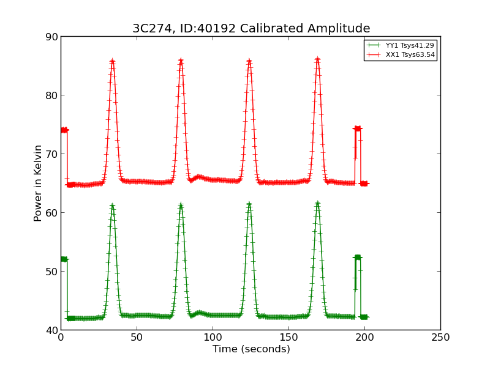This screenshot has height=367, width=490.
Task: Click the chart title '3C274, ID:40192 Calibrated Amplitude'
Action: [251, 29]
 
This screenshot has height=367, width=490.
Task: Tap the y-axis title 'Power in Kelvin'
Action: [38, 183]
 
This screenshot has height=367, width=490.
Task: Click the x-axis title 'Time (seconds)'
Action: [251, 349]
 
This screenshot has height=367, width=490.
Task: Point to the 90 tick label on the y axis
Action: [51, 37]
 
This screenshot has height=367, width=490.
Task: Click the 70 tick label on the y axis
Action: [51, 154]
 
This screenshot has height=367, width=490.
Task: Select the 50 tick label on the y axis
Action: [51, 272]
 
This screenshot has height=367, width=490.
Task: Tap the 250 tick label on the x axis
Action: [440, 337]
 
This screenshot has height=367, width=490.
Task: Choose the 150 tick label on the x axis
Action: [288, 337]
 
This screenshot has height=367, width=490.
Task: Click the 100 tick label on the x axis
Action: [213, 337]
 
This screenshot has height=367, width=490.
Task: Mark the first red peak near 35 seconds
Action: [112, 61]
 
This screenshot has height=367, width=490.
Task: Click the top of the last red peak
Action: [317, 59]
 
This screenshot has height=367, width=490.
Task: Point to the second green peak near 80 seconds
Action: [181, 205]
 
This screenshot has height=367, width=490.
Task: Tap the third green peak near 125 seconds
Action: [249, 204]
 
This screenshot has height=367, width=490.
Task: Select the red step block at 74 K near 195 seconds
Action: [358, 128]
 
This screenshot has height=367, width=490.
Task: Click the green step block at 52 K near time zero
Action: [64, 259]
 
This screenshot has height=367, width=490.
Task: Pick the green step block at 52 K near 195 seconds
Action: [358, 258]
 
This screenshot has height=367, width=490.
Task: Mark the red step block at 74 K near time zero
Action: [64, 130]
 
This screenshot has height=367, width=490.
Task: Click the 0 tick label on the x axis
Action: [61, 337]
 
